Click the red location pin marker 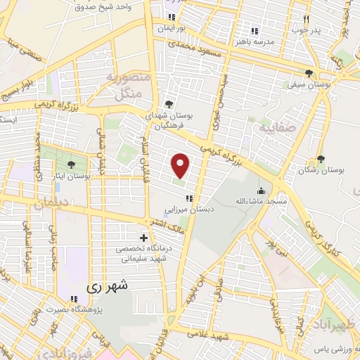[x=181, y=165]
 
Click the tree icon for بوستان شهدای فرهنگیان [x=168, y=105]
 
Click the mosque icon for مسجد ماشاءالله [x=261, y=191]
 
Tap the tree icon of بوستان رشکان [x=321, y=160]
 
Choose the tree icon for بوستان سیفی [x=309, y=73]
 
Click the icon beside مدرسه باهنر [x=255, y=31]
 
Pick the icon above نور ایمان [x=171, y=18]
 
